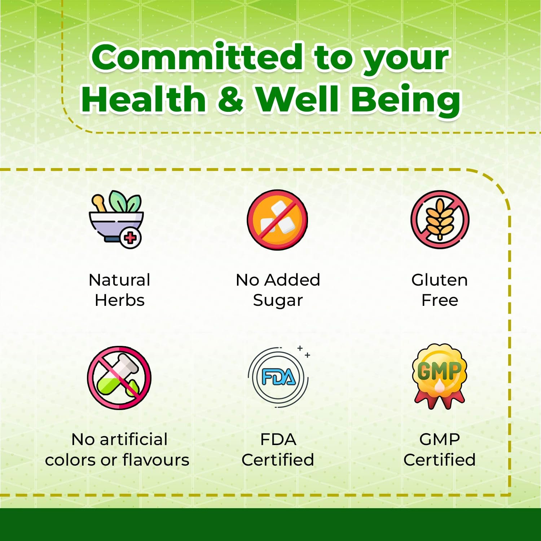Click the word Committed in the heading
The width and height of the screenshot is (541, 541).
point(197,57)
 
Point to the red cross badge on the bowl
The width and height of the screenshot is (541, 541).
point(131,238)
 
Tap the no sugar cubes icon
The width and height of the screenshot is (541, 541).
point(277,220)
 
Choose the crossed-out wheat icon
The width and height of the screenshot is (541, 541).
point(440,219)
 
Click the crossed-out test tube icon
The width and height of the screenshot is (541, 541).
point(119,378)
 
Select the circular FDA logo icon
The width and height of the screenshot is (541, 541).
point(278,377)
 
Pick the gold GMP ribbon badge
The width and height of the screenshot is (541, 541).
point(440,376)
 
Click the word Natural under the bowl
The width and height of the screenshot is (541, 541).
point(119,280)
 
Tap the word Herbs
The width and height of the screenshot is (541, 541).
point(120,300)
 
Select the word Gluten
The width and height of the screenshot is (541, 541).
point(440,280)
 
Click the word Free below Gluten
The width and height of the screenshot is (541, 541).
point(440,300)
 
